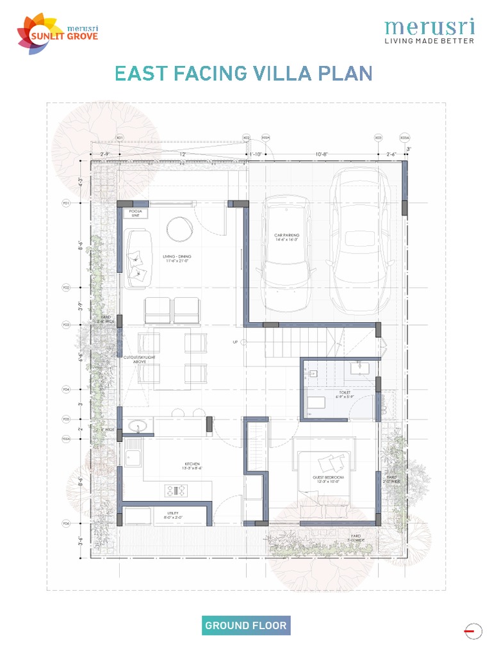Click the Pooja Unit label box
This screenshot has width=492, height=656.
(x=135, y=213)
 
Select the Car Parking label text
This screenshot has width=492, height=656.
(x=287, y=238)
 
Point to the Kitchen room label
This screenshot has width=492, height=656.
(x=192, y=465)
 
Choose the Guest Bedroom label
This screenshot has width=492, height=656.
(x=329, y=479)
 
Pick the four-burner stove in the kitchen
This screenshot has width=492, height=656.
(x=177, y=490)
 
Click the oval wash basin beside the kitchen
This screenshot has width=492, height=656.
(x=138, y=425)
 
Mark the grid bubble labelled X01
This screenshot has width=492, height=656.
(x=119, y=138)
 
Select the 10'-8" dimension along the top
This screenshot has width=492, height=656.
(x=322, y=154)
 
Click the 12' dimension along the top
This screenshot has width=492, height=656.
(x=183, y=154)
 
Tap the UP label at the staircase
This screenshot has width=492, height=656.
(x=235, y=342)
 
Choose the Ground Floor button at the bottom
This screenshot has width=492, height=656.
(x=246, y=625)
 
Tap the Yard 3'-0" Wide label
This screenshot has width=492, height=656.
(x=356, y=537)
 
